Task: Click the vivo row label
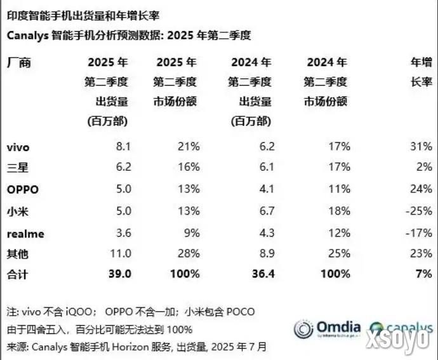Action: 18,147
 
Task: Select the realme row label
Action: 25,233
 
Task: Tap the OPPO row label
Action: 23,190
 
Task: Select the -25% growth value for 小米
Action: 420,211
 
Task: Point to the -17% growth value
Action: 420,233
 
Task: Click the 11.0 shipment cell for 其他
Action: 121,254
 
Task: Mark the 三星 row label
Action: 17,168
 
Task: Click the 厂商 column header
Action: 18,62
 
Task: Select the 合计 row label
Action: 17,274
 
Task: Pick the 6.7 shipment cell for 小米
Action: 267,211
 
